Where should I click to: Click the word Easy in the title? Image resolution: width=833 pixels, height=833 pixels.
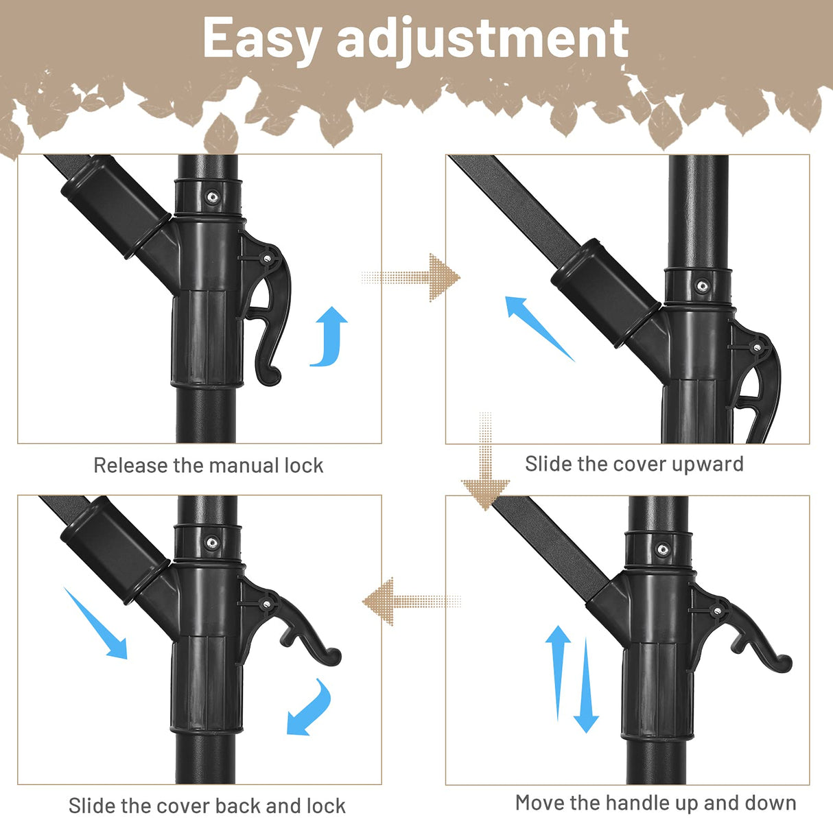click(261, 40)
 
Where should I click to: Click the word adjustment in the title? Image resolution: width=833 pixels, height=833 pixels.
click(482, 40)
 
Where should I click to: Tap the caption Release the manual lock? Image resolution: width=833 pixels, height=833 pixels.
click(208, 466)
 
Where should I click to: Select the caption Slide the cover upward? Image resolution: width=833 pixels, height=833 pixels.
click(634, 465)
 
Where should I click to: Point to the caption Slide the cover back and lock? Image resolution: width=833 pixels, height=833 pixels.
click(207, 806)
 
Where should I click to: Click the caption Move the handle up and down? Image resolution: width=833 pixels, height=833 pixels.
click(655, 803)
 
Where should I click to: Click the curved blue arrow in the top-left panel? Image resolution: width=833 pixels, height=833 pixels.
click(331, 336)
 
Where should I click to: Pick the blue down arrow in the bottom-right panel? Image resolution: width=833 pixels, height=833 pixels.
click(586, 686)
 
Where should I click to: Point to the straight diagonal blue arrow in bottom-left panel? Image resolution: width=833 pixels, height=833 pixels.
click(96, 623)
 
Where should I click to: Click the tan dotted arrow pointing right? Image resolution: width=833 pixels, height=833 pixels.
click(412, 277)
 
